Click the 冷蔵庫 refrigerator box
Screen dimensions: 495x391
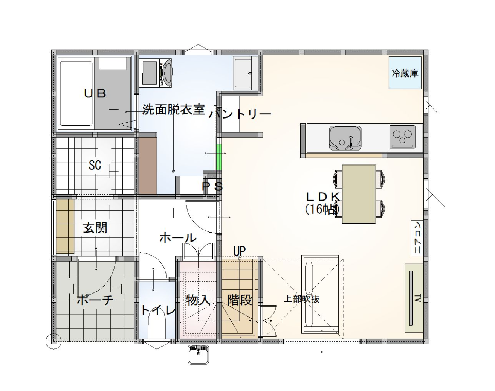pos(405,73)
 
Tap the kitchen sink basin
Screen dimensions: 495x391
pos(345,138)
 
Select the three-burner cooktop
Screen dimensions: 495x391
pos(403,137)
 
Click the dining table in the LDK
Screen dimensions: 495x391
pos(359,194)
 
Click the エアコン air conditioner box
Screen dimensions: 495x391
pos(417,238)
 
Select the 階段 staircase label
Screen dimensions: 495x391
pos(240,300)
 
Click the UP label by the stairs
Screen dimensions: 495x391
pos(240,251)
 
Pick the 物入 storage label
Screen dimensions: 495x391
pos(198,300)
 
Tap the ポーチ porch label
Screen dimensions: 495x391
pos(95,300)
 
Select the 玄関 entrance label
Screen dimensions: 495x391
pos(95,228)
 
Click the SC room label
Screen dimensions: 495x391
pos(95,165)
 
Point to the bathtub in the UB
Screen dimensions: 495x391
pos(76,93)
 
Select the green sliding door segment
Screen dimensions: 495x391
pos(219,157)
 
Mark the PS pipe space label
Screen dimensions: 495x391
pos(212,187)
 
